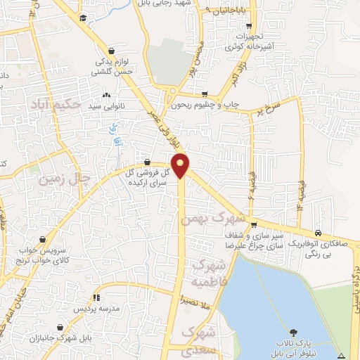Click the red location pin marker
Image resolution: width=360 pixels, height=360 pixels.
pos(181,165)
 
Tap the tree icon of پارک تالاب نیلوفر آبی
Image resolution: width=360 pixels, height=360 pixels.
pos(292,330)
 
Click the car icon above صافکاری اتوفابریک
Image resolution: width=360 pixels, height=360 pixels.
pos(319,233)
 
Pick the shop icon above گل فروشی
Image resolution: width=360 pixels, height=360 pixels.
pos(146,162)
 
